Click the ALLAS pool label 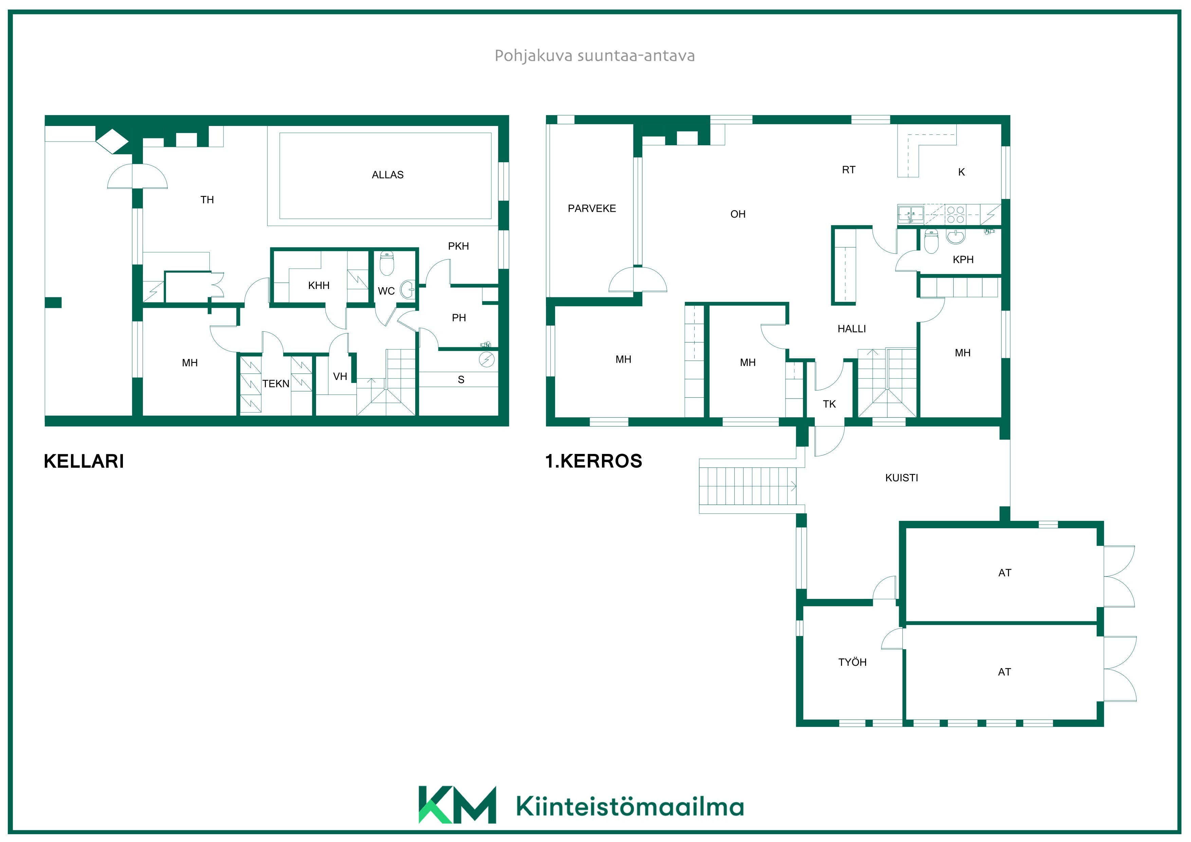point(387,175)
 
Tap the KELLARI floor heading point(84,461)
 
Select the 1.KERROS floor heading point(593,461)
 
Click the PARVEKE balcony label point(592,208)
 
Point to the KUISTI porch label point(901,478)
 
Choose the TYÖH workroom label point(852,662)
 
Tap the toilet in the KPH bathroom point(932,242)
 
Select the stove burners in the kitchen point(955,215)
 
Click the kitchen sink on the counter point(911,214)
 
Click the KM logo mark point(457,805)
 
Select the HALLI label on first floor point(852,329)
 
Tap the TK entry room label point(829,404)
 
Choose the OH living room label point(738,214)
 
